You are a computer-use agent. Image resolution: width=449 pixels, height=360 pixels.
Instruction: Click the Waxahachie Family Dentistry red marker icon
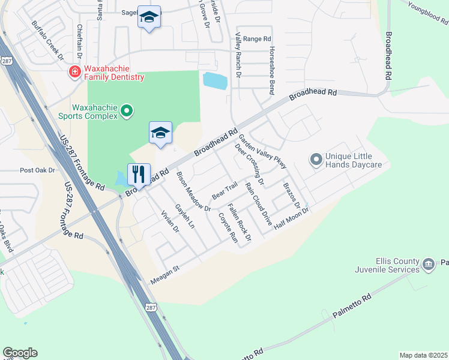coord(75,73)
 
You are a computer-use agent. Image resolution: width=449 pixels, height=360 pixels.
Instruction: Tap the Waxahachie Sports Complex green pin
coord(127,110)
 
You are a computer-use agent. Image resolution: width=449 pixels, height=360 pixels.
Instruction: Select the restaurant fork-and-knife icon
coord(139,174)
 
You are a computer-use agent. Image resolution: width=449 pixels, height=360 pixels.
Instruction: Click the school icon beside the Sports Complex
coord(160,133)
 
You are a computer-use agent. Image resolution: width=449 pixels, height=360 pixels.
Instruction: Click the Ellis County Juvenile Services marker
coord(429,264)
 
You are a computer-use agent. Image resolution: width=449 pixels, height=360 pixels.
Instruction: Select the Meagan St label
coord(164,273)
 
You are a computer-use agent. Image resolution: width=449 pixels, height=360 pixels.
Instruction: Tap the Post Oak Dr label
coord(37,170)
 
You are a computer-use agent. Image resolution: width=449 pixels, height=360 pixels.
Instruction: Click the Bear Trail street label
coord(225,191)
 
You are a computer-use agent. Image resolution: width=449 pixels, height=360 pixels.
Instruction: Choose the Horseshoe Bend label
coord(272,70)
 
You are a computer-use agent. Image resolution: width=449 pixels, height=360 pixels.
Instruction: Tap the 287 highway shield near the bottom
coord(149,307)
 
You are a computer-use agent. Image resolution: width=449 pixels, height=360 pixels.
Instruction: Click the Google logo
coord(20,353)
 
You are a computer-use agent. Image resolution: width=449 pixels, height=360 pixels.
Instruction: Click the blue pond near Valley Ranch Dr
coord(215,80)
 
